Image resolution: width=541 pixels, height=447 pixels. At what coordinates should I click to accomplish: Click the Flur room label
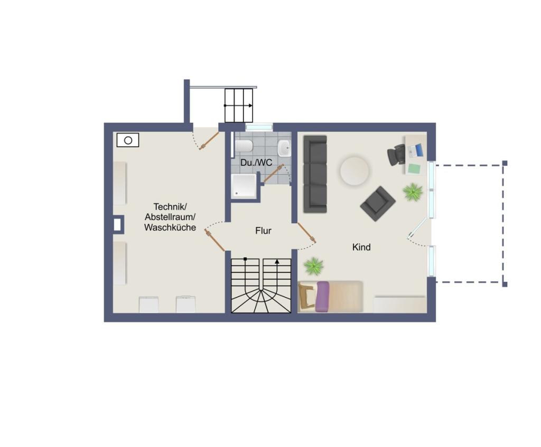[x=263, y=231]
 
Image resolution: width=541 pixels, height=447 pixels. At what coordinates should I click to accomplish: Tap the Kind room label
[x=361, y=247]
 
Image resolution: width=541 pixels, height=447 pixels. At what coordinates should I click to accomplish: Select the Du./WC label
[x=256, y=163]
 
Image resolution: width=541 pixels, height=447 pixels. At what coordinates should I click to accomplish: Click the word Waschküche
[x=170, y=227]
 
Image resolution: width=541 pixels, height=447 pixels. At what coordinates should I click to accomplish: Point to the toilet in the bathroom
[x=244, y=146]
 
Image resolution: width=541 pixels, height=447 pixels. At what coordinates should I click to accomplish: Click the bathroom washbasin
[x=284, y=148]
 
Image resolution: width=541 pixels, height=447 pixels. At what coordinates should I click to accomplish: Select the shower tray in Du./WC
[x=244, y=186]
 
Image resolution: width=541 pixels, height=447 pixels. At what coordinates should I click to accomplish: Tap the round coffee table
[x=355, y=171]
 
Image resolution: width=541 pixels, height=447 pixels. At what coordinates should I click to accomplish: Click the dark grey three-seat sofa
[x=315, y=174]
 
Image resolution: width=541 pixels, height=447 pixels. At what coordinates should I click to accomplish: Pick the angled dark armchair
[x=377, y=204]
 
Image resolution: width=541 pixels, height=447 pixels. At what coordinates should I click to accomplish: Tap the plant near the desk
[x=413, y=192]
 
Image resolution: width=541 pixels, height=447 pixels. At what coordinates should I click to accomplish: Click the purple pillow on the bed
[x=322, y=297]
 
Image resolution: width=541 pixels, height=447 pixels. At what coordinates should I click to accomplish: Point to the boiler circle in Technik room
[x=128, y=140]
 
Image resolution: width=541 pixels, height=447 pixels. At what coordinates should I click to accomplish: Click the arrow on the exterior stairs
[x=238, y=106]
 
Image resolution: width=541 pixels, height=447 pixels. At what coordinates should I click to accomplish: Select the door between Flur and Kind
[x=306, y=233]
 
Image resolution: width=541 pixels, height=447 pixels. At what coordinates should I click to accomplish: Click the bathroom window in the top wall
[x=259, y=127]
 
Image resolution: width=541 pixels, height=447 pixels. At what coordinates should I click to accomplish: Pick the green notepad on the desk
[x=414, y=168]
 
